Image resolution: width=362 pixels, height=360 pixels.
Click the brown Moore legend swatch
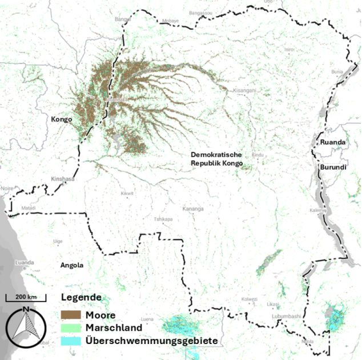click(x=71, y=315)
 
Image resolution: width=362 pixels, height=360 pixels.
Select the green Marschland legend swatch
click(x=71, y=328)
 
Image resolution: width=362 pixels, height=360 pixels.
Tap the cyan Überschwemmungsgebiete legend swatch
click(x=71, y=341)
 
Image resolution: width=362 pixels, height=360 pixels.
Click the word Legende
click(x=81, y=298)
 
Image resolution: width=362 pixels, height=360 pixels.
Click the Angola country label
click(x=72, y=265)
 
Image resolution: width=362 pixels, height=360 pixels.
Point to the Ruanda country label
click(x=333, y=142)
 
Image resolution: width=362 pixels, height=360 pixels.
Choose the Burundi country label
click(x=333, y=167)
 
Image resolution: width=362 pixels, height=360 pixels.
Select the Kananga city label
click(x=192, y=209)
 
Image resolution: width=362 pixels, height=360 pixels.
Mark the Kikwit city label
click(x=127, y=194)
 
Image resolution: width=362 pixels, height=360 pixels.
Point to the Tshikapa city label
click(x=163, y=219)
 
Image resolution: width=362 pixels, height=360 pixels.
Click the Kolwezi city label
click(x=249, y=299)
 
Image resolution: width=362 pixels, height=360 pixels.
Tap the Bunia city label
click(x=338, y=73)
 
